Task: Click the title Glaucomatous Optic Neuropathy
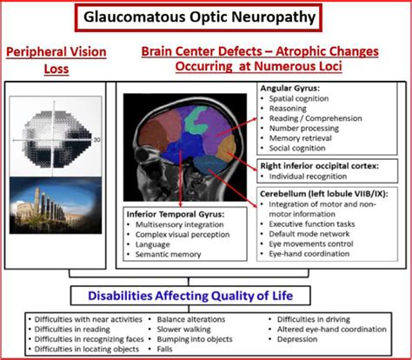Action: point(206,17)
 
